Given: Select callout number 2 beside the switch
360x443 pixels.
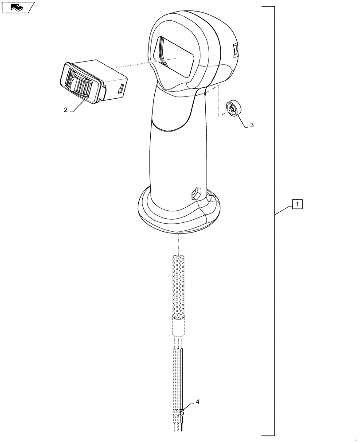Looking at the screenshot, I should (66, 110).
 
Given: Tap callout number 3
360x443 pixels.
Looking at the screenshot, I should (252, 125).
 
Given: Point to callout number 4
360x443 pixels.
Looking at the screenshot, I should (197, 402).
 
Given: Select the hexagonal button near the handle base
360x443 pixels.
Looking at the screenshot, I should (196, 193).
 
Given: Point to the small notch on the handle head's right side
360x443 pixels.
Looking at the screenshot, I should (235, 51).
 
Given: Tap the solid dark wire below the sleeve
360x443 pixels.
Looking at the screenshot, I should (182, 377).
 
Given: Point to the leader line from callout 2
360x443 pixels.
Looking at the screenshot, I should (78, 106).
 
